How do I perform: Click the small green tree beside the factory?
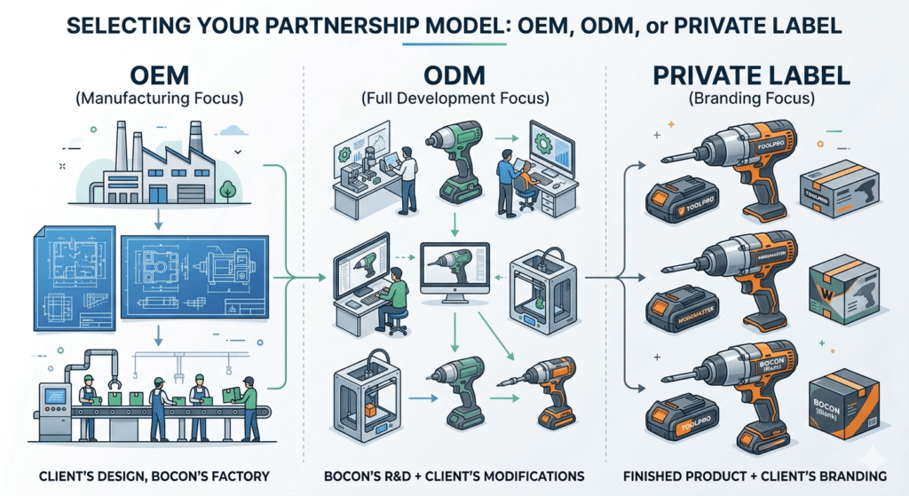227,189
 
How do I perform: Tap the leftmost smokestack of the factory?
121,143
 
